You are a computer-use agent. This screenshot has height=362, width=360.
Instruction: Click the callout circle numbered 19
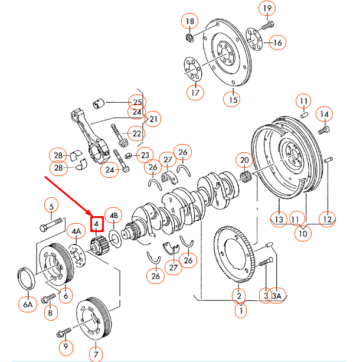267,8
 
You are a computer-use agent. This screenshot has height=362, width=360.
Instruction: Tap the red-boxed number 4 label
96,224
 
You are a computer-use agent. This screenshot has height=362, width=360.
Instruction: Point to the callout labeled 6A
28,305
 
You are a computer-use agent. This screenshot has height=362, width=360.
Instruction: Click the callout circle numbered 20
244,159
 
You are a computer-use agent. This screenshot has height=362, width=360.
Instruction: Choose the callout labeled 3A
277,296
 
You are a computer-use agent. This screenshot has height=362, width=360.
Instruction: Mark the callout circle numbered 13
279,220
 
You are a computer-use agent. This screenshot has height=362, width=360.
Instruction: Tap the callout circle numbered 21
153,120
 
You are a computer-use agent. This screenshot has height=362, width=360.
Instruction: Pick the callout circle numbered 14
325,113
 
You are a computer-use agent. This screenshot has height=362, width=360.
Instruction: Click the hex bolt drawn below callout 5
52,226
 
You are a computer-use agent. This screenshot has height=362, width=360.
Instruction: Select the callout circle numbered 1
240,310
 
